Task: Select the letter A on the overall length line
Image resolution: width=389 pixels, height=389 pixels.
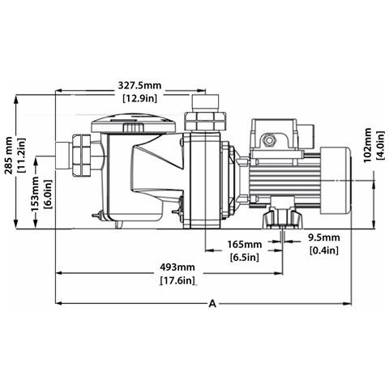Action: [212, 302]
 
